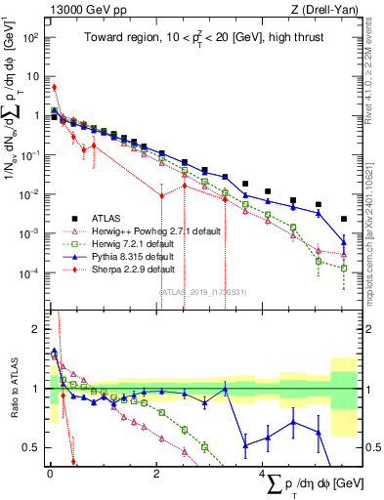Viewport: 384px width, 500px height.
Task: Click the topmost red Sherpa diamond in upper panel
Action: (x=55, y=87)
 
